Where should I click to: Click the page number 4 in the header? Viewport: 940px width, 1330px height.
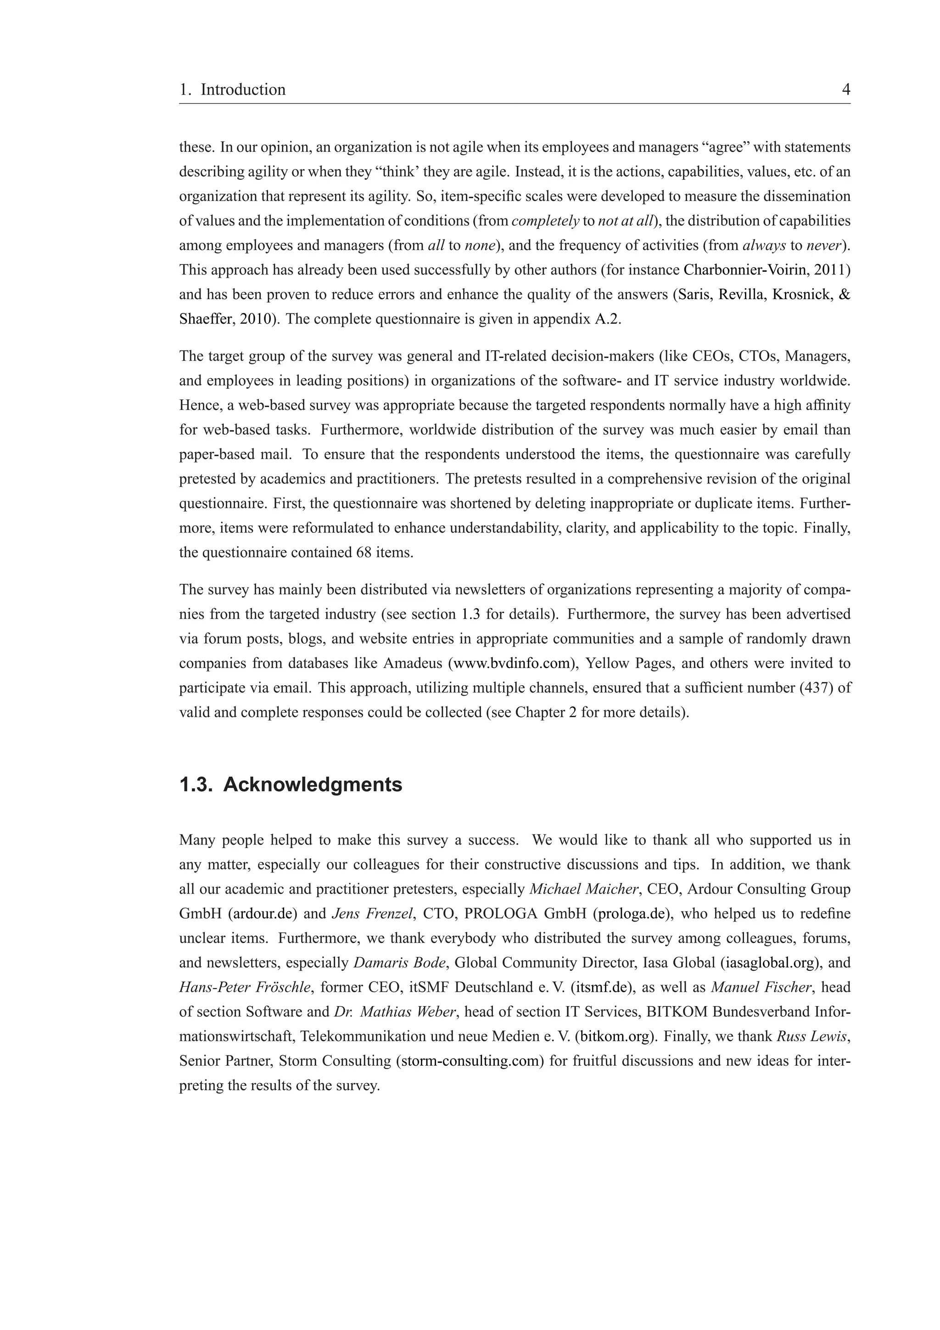click(x=845, y=90)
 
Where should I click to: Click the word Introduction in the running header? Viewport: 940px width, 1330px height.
click(x=243, y=90)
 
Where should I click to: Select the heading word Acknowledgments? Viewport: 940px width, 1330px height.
click(x=312, y=785)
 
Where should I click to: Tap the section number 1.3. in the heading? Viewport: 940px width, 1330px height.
click(x=197, y=785)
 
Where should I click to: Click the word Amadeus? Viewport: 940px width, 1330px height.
click(x=412, y=663)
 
